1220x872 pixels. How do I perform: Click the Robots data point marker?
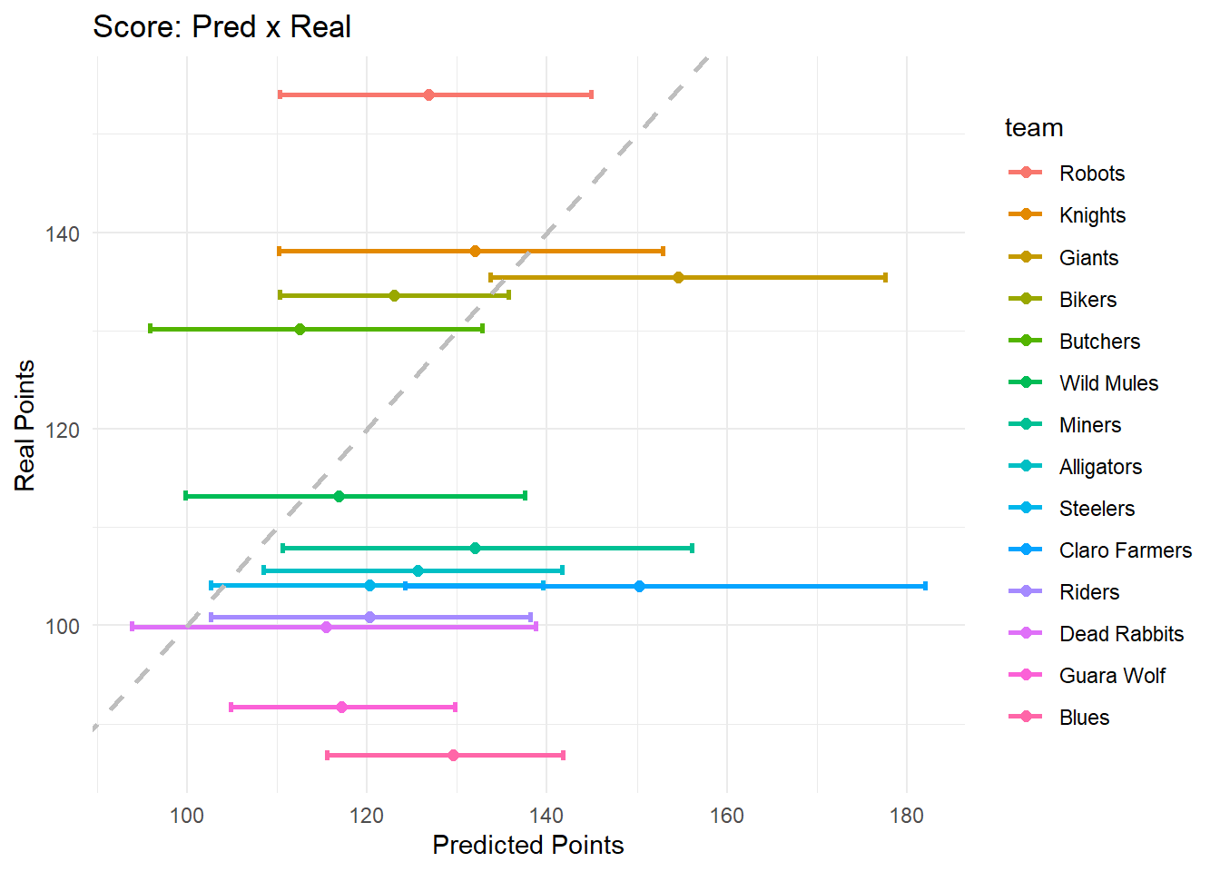click(428, 94)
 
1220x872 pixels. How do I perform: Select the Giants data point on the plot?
click(678, 277)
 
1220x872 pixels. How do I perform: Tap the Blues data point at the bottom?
click(453, 755)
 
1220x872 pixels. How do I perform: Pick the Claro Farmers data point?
click(639, 586)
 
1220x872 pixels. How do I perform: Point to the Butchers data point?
click(300, 329)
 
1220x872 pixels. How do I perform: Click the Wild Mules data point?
click(339, 496)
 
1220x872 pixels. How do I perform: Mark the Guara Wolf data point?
click(341, 707)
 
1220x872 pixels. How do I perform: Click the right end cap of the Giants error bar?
click(885, 277)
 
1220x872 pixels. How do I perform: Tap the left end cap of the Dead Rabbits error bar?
click(133, 627)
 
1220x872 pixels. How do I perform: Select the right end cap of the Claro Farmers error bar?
click(925, 586)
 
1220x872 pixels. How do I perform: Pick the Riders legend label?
click(1089, 592)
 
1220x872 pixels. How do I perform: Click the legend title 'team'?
click(1034, 128)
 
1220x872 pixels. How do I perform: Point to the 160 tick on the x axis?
click(726, 815)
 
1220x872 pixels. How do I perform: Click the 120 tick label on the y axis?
click(62, 430)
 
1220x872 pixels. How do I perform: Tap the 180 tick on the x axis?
click(906, 815)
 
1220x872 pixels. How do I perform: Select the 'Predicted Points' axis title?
click(528, 845)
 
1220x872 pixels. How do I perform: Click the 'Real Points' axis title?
click(25, 425)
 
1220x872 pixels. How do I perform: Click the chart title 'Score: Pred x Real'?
click(221, 27)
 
